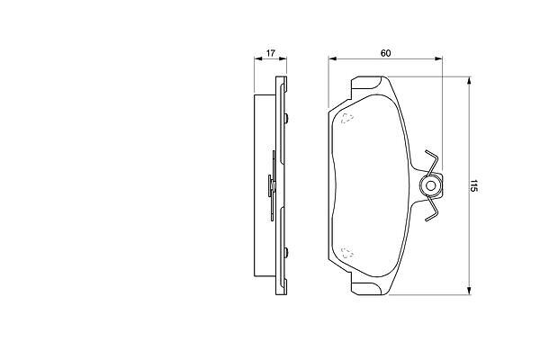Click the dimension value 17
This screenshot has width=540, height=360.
coord(271,53)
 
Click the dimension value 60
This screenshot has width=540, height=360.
coord(386,53)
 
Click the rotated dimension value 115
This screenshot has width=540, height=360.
coord(474,185)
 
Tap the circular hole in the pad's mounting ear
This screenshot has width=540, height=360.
coord(430,186)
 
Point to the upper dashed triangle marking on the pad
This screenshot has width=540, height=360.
coord(347,118)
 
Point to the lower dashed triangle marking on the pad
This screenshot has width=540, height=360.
coord(347,253)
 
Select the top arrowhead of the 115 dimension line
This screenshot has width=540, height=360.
coord(468,80)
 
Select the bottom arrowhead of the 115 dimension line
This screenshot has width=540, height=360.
coord(468,291)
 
